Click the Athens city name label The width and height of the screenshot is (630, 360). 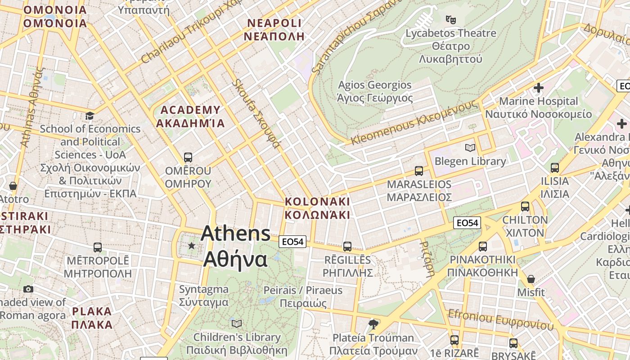(235, 246)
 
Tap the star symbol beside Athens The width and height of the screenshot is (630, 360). (192, 245)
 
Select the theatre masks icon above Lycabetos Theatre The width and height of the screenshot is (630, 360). (450, 19)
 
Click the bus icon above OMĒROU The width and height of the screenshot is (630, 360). (188, 157)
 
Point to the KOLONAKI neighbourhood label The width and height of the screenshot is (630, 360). (317, 207)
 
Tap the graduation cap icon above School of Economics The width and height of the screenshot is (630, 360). (90, 116)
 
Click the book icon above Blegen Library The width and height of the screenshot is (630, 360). (470, 148)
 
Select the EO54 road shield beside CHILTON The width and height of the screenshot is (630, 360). (467, 222)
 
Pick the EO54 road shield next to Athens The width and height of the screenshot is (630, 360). (292, 242)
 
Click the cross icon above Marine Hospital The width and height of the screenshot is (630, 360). (538, 88)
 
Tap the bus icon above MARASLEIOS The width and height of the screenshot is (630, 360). (419, 171)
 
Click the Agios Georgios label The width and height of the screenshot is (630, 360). (375, 91)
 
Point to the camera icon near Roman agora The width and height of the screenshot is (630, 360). (28, 289)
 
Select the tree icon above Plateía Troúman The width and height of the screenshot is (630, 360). (373, 324)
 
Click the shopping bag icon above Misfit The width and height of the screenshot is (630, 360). (531, 279)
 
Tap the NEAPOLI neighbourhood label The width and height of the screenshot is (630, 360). (274, 30)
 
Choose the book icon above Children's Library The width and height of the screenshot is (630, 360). (237, 324)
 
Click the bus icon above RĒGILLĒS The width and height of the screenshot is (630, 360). (347, 246)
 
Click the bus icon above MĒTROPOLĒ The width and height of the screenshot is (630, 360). (98, 247)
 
